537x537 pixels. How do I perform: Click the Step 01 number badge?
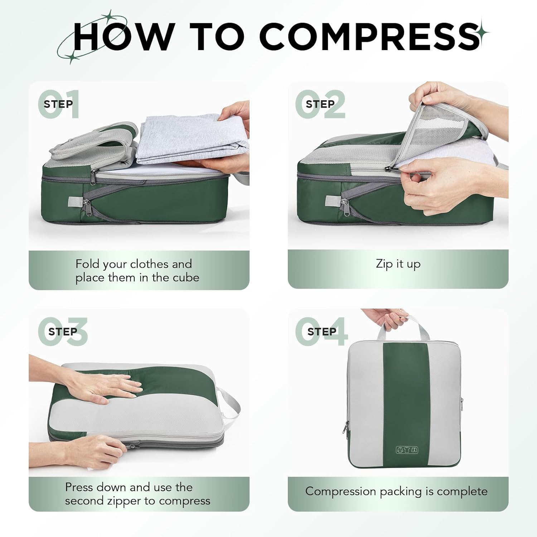point(58,104)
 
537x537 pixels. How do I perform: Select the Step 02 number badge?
point(320,104)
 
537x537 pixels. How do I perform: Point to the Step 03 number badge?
point(62,332)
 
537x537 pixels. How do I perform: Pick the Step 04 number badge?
point(321,332)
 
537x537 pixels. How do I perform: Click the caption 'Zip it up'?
point(398,264)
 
